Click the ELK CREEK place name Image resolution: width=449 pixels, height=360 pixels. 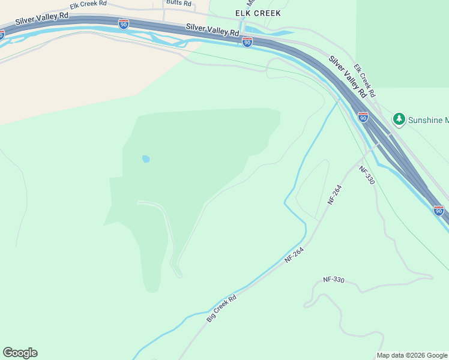click(258, 13)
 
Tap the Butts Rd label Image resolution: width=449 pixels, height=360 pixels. click(178, 3)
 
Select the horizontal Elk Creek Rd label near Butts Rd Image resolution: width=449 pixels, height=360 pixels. click(88, 4)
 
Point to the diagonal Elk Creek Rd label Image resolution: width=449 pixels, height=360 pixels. click(364, 81)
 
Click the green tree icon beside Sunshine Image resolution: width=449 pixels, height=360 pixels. click(399, 119)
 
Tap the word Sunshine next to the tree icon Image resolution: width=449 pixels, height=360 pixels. click(427, 120)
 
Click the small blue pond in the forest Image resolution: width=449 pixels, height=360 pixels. click(145, 159)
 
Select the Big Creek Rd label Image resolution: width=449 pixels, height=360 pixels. click(221, 308)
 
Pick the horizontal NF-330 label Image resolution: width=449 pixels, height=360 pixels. click(334, 280)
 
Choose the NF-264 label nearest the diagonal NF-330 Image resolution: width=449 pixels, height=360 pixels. click(335, 196)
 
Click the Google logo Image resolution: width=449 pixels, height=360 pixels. click(20, 353)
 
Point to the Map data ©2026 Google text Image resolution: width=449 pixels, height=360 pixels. click(412, 355)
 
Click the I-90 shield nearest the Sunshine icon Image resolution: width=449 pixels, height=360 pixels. click(363, 117)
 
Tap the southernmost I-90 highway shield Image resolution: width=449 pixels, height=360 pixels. click(438, 210)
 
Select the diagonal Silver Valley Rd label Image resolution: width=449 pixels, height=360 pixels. click(347, 77)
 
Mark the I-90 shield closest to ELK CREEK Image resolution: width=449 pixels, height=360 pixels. click(247, 41)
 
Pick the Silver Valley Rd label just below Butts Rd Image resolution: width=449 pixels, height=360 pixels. click(212, 29)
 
